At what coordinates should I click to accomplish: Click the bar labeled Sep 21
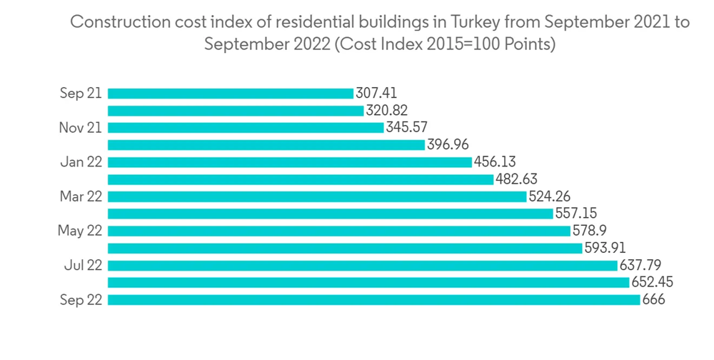pyautogui.click(x=230, y=94)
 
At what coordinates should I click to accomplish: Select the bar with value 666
pyautogui.click(x=373, y=300)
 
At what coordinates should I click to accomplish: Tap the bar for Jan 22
pyautogui.click(x=290, y=162)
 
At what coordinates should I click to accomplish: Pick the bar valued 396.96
pyautogui.click(x=266, y=145)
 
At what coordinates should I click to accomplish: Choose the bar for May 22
pyautogui.click(x=339, y=231)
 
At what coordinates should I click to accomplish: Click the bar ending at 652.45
pyautogui.click(x=368, y=283)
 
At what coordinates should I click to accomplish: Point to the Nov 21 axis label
pyautogui.click(x=81, y=128)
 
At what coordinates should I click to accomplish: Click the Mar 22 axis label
pyautogui.click(x=81, y=196)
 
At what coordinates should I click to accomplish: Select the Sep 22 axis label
pyautogui.click(x=81, y=300)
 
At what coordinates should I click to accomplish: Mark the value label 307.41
pyautogui.click(x=376, y=94)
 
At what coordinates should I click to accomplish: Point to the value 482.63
pyautogui.click(x=516, y=179)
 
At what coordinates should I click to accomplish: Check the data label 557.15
pyautogui.click(x=575, y=214)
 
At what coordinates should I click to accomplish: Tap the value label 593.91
pyautogui.click(x=605, y=248)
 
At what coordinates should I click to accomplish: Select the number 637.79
pyautogui.click(x=640, y=266)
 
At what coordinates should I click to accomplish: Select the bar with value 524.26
pyautogui.click(x=317, y=196)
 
